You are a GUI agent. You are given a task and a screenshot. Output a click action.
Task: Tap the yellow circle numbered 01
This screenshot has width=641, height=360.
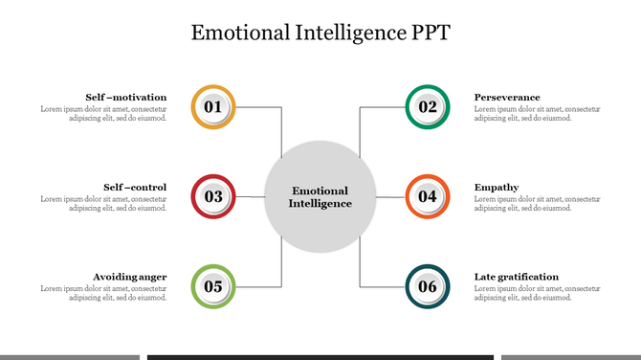point(213,106)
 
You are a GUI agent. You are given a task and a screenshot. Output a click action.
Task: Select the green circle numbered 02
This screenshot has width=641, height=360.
point(428,106)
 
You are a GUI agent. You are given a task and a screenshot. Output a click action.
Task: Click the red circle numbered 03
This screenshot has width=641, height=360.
point(213,197)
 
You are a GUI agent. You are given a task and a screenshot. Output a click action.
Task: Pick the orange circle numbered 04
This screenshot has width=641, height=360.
point(428,197)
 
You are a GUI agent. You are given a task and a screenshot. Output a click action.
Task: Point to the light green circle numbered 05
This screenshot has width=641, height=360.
point(213,286)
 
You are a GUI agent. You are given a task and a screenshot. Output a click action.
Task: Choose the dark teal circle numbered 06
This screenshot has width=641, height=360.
point(428,286)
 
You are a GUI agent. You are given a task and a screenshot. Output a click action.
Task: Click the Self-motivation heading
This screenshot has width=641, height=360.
point(125,97)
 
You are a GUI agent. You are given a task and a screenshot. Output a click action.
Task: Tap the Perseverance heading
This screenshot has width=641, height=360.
point(507,97)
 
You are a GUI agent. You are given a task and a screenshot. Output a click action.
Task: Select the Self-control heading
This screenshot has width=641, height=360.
point(135,187)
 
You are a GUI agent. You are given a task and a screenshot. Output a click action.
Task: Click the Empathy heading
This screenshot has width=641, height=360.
point(497,187)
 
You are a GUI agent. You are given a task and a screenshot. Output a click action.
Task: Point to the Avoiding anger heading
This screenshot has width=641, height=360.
point(130,277)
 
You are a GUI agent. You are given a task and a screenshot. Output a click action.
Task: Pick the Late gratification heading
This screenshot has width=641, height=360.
point(517,277)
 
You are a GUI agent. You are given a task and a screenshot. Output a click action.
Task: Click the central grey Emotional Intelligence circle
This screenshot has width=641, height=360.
point(320,196)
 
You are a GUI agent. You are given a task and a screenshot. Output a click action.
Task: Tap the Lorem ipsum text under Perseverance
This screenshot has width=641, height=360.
point(538,114)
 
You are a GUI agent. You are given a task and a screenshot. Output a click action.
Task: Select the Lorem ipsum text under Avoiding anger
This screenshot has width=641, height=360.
point(103,293)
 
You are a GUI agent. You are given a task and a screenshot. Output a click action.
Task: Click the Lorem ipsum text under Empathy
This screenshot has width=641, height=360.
point(538,204)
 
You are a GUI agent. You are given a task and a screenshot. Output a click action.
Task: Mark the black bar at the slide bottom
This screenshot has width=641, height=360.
point(320,356)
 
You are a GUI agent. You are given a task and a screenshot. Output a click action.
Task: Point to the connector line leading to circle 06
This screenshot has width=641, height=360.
point(360,268)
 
